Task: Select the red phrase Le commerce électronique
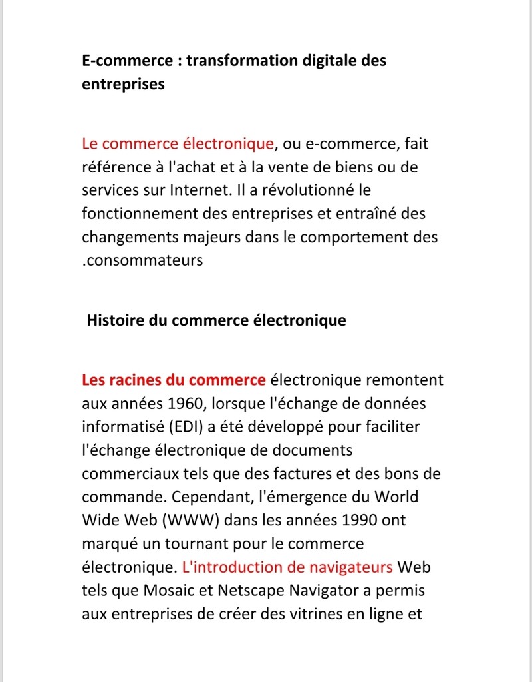(178, 143)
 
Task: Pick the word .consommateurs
(142, 260)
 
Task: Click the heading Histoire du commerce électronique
(216, 320)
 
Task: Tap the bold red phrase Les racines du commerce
(174, 380)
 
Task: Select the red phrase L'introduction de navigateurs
(287, 567)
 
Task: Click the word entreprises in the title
(123, 85)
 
